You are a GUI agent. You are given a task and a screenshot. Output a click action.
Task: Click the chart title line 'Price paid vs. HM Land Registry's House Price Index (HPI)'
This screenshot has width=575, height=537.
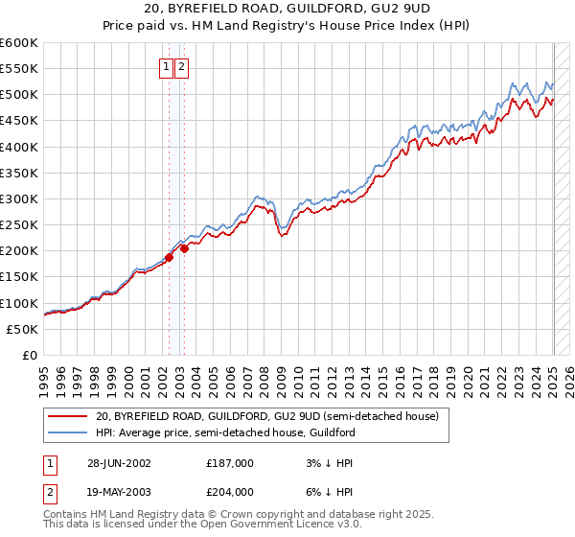[287, 27]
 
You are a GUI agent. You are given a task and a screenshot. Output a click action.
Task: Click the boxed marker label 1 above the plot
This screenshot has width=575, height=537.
[167, 67]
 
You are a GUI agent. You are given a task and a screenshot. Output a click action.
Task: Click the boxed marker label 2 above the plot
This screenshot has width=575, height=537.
[181, 67]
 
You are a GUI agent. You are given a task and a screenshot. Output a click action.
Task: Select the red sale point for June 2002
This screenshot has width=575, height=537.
[169, 257]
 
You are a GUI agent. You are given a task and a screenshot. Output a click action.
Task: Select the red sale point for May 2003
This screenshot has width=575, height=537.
[184, 248]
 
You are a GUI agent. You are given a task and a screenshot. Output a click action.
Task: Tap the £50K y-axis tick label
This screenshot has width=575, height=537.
[22, 329]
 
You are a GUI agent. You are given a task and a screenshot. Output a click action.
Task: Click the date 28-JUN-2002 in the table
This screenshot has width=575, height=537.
[119, 462]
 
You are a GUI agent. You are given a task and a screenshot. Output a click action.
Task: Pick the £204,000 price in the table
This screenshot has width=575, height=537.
[230, 491]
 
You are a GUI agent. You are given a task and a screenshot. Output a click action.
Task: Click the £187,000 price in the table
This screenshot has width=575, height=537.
[230, 462]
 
